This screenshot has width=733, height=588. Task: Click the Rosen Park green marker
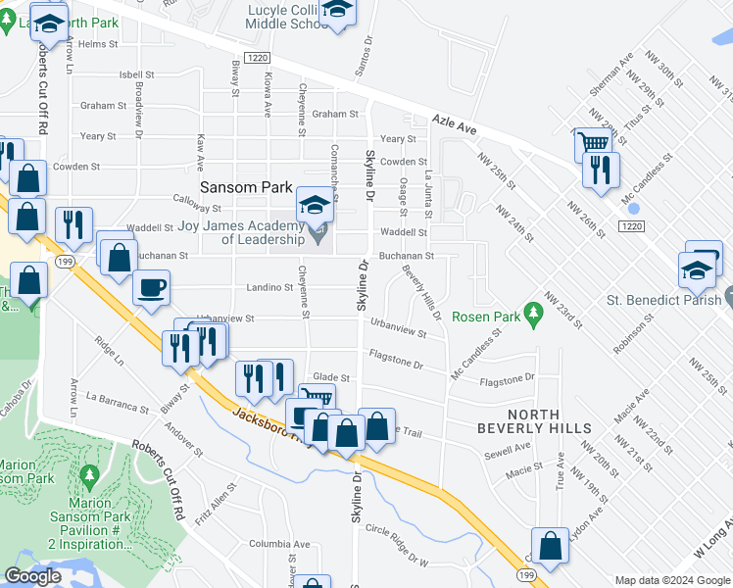click(533, 315)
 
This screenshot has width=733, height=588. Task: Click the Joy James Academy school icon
click(315, 205)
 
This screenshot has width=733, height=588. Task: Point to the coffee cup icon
click(151, 288)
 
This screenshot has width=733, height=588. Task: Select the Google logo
click(32, 576)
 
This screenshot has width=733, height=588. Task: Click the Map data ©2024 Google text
click(671, 580)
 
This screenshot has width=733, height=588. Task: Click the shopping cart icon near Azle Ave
click(591, 143)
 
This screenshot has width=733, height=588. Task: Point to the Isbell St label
click(137, 74)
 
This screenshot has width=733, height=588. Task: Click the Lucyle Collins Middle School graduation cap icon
click(337, 10)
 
